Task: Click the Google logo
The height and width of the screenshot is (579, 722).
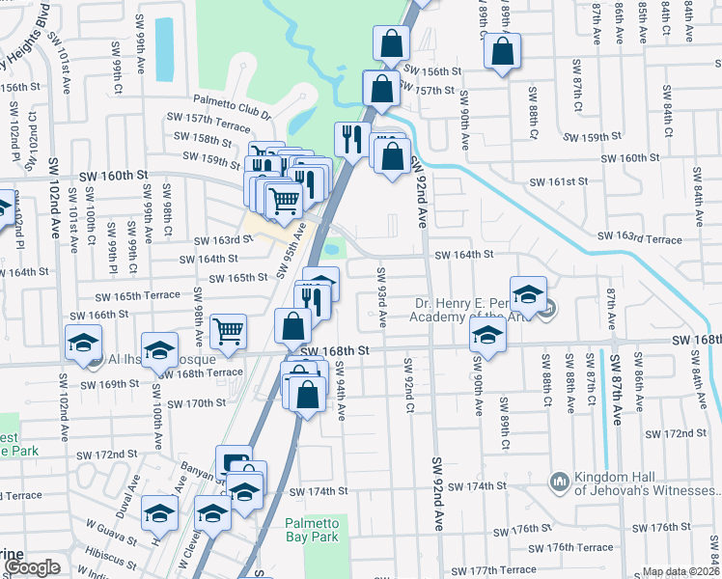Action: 31,568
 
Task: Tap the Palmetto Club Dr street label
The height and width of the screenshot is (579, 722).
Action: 232,100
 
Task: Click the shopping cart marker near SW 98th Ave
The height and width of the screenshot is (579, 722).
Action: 229,331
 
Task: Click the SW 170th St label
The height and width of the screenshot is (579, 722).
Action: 194,403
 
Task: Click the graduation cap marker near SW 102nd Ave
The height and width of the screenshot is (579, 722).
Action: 84,342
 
